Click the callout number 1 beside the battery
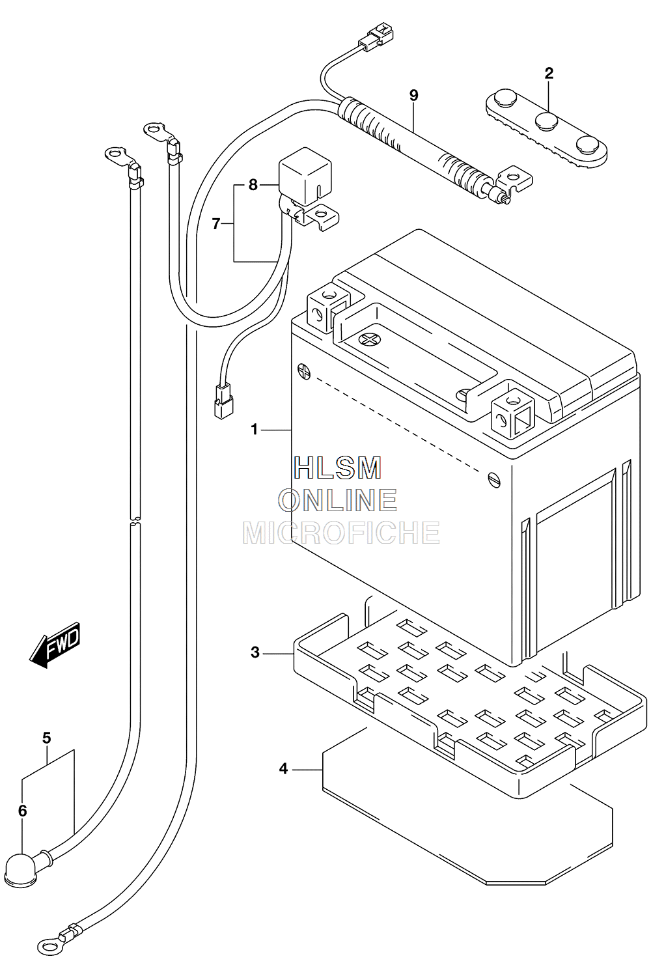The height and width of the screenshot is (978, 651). [x=255, y=430]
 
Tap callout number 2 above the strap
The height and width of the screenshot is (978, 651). [x=549, y=73]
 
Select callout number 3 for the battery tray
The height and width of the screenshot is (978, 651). [x=255, y=665]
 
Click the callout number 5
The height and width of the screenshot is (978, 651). [x=47, y=738]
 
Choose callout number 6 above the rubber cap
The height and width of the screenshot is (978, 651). [x=23, y=811]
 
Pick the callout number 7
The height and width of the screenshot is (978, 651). [x=215, y=224]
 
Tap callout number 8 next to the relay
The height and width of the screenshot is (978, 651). [x=253, y=185]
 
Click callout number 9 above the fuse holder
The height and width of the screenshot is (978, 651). [x=414, y=95]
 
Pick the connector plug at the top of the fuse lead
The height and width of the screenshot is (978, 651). [x=376, y=35]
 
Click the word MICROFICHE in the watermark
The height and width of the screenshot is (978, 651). [x=341, y=532]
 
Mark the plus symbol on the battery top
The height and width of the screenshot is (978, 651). [x=368, y=339]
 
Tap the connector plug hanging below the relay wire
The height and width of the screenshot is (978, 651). [x=223, y=401]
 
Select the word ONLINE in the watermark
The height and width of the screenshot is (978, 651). [x=338, y=500]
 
